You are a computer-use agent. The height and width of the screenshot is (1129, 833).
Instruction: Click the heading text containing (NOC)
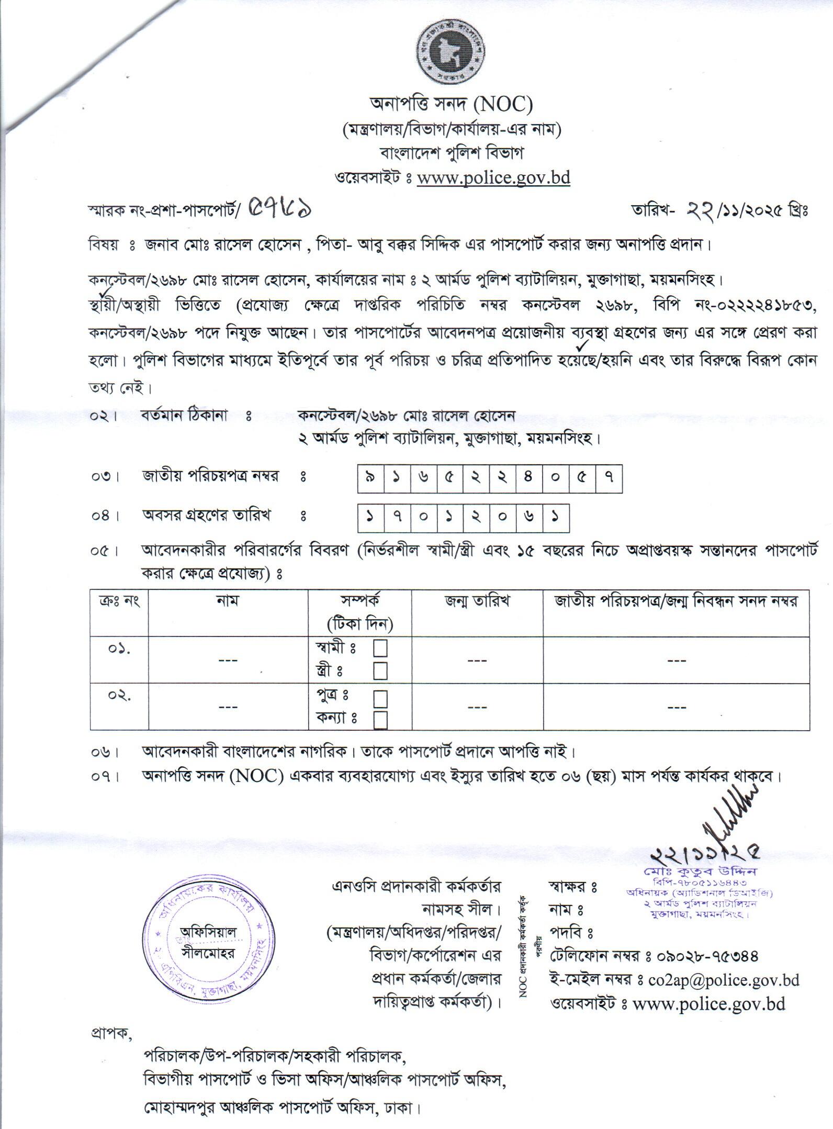(x=451, y=105)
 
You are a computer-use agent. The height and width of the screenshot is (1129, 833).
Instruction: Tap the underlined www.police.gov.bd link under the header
(x=493, y=177)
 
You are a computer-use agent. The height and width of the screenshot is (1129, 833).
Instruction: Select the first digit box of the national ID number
(x=370, y=478)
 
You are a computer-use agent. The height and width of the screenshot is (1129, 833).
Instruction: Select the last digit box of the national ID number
(x=609, y=478)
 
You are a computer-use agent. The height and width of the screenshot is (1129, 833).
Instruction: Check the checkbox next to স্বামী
(x=380, y=649)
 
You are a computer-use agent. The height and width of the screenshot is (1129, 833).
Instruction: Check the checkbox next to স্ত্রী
(x=380, y=670)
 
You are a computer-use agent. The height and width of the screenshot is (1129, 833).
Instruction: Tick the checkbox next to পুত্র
(x=380, y=698)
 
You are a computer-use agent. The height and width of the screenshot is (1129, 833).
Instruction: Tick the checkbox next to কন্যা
(x=380, y=720)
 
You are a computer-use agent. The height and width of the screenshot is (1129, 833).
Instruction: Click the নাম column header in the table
(x=228, y=601)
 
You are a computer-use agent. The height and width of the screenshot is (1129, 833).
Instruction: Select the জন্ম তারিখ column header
(x=477, y=601)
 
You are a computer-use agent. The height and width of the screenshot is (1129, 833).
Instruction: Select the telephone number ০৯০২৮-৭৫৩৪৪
(x=702, y=956)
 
